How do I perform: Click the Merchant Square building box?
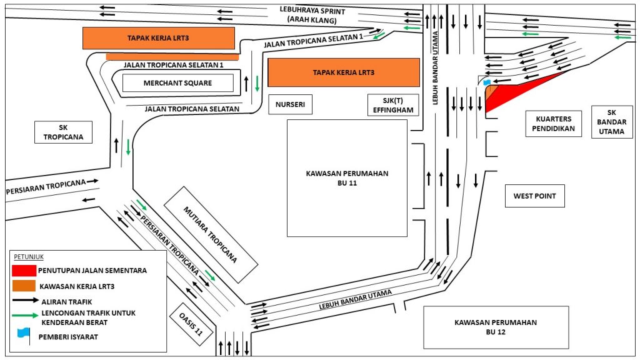click(x=177, y=83)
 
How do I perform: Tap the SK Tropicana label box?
click(x=64, y=132)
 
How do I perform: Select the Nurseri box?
click(x=290, y=105)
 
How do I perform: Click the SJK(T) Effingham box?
click(x=392, y=105)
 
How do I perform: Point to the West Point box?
click(x=534, y=196)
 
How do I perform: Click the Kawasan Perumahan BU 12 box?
click(x=496, y=327)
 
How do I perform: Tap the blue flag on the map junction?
click(x=487, y=82)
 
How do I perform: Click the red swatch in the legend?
click(x=24, y=271)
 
